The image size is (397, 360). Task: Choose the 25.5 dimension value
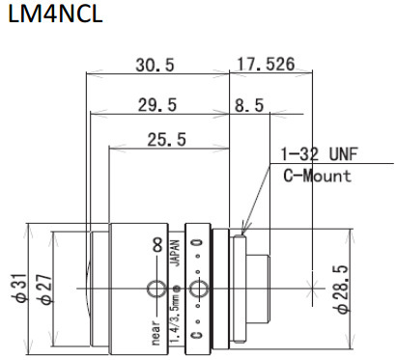pyautogui.click(x=166, y=140)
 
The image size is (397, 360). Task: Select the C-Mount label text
pyautogui.click(x=318, y=176)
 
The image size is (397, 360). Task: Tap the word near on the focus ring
pyautogui.click(x=156, y=331)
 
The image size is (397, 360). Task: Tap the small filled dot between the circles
pyautogui.click(x=175, y=289)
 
